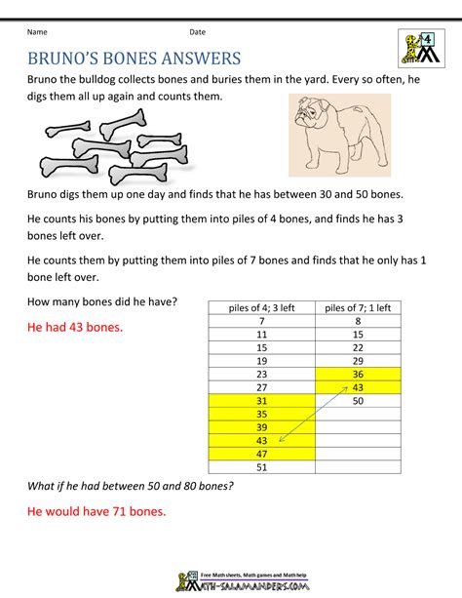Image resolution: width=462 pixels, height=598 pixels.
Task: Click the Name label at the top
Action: click(36, 32)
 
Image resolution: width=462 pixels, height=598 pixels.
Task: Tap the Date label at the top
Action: click(198, 32)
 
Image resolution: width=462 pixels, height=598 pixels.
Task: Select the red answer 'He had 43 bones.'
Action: click(74, 327)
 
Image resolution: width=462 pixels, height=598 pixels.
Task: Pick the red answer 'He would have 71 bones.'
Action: click(96, 511)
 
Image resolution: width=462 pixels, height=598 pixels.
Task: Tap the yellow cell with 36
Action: click(358, 374)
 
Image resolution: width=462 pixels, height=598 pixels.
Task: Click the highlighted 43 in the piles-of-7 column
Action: click(358, 387)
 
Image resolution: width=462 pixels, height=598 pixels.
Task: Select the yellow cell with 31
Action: click(261, 400)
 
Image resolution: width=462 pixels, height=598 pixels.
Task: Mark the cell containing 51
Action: click(261, 466)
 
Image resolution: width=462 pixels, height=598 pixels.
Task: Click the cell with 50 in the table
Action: click(358, 400)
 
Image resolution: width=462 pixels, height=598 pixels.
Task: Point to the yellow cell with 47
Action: click(261, 454)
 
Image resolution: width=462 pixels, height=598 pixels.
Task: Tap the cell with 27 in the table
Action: click(261, 387)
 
